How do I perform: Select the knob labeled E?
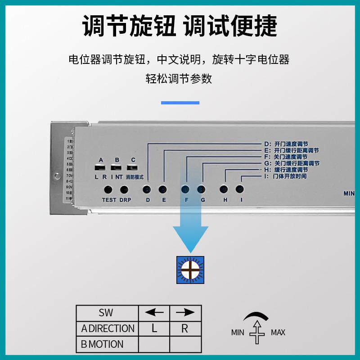coord(163,189)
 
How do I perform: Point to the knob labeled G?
coord(202,189)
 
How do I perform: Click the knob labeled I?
coord(240,189)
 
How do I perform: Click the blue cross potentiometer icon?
coord(190,270)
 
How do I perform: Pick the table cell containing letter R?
coord(185,328)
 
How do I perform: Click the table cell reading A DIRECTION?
coord(107,328)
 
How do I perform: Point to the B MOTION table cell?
coord(107,344)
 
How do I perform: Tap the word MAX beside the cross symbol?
coord(278,333)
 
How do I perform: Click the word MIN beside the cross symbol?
coord(238,333)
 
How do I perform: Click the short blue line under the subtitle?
coord(180,103)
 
